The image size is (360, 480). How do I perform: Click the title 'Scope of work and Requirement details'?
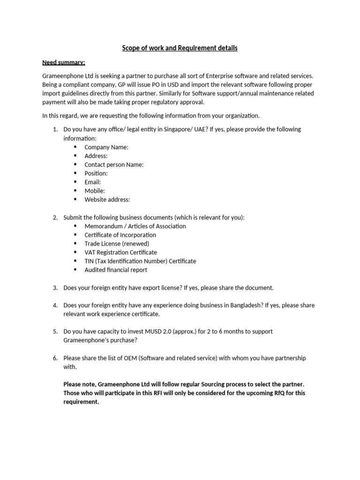click(180, 48)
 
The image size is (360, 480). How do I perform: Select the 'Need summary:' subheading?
click(64, 62)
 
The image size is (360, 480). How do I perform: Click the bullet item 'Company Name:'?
click(106, 147)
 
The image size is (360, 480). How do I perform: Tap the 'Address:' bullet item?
click(96, 156)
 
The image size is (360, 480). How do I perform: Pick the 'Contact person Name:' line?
click(114, 165)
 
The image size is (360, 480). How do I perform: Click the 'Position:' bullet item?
click(96, 173)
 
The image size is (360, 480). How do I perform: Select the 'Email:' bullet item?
click(92, 182)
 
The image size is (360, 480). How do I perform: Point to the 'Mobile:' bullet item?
click(94, 191)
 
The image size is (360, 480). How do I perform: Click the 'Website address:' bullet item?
click(107, 199)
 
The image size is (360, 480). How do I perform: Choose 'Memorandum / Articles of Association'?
click(135, 226)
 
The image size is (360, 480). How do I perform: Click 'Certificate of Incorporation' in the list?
click(120, 235)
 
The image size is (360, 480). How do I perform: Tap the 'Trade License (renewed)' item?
click(117, 244)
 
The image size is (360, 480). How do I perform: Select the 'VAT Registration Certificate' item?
click(120, 252)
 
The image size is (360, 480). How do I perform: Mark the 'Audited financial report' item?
click(115, 270)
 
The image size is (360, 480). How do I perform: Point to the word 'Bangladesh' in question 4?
click(246, 305)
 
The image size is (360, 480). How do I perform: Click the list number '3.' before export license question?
click(55, 287)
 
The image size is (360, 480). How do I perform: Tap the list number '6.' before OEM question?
click(55, 358)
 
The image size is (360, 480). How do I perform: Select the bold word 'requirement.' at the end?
click(81, 402)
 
